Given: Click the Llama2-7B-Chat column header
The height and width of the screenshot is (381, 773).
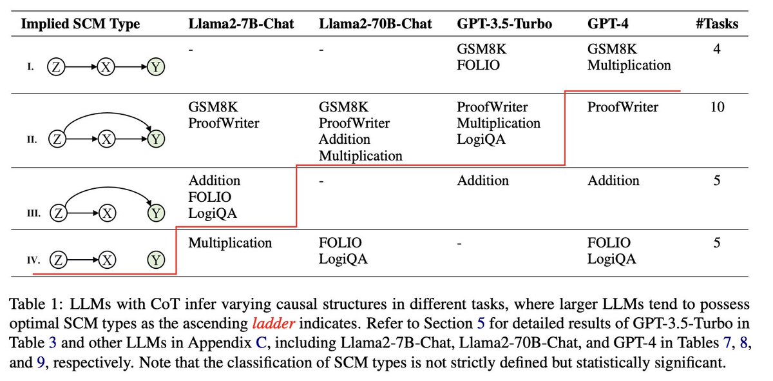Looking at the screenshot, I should (x=241, y=24).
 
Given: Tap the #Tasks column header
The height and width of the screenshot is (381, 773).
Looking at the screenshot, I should (x=716, y=24).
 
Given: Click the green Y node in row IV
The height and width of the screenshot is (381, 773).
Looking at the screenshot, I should (x=155, y=260).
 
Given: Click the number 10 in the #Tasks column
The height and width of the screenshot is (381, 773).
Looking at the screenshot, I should (x=716, y=107).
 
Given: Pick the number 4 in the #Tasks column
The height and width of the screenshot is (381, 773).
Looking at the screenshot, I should (x=716, y=49).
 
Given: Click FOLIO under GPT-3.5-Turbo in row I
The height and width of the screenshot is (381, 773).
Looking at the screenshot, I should (x=478, y=65).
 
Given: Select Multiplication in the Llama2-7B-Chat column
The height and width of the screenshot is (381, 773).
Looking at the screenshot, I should (x=230, y=243).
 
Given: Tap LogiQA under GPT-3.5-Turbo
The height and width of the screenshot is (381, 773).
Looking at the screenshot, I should (x=481, y=139).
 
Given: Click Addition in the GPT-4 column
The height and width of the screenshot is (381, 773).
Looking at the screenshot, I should (x=613, y=181).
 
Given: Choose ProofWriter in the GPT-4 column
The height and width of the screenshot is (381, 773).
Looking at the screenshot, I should (x=622, y=107).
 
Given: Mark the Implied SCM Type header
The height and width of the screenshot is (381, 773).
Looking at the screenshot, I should (x=80, y=24).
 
